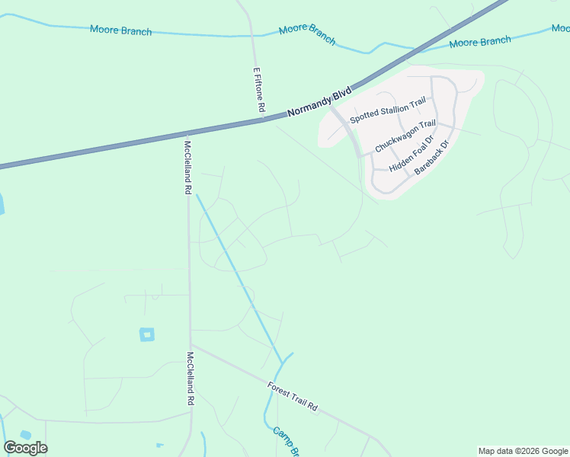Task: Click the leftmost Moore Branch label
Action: click(x=120, y=31)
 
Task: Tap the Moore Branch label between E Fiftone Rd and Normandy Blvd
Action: click(x=307, y=34)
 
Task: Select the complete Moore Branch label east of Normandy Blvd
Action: click(x=479, y=42)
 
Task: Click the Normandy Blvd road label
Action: click(x=319, y=102)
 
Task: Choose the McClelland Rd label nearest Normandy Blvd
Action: click(x=187, y=166)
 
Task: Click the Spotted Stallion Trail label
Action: click(x=387, y=111)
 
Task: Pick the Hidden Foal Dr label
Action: click(x=411, y=153)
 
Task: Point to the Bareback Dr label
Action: click(x=433, y=157)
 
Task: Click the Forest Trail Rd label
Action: click(x=292, y=397)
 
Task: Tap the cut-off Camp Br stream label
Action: click(x=285, y=442)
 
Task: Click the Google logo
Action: click(x=26, y=448)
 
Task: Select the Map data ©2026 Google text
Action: click(x=523, y=451)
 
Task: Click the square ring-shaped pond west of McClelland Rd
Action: click(x=146, y=334)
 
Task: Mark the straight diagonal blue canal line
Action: click(x=239, y=275)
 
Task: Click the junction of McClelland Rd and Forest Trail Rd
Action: click(x=191, y=344)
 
